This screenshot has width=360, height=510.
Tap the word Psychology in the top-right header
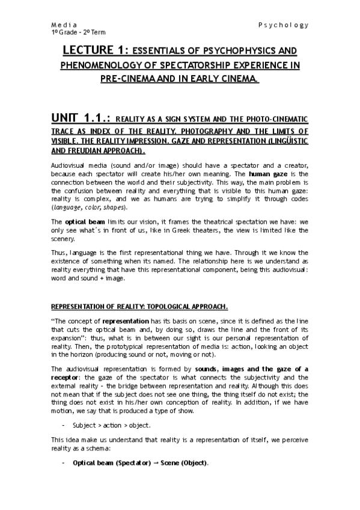(284, 25)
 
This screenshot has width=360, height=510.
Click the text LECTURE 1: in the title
(95, 51)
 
